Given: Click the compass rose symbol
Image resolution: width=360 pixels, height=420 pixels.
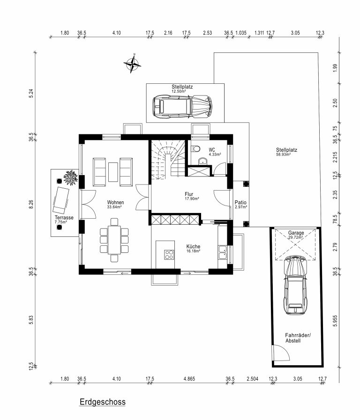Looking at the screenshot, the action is click(x=132, y=64).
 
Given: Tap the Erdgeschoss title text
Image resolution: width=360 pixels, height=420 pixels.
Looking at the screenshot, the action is click(x=103, y=402).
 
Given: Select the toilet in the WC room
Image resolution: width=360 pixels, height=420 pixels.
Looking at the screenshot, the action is click(x=195, y=148).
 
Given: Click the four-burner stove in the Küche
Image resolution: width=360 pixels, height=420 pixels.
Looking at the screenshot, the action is click(x=169, y=254).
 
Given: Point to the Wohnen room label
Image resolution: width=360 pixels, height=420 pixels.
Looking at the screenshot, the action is click(x=115, y=202).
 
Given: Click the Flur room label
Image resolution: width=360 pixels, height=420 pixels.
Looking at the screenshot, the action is click(x=189, y=194).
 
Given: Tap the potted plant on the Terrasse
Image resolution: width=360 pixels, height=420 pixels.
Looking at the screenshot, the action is click(x=70, y=178).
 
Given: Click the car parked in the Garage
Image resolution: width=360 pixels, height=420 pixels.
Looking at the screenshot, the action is click(x=295, y=285).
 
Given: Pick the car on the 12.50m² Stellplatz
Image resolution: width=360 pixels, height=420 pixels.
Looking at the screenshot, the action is click(x=182, y=107).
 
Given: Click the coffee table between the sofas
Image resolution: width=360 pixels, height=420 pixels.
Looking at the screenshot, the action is click(x=113, y=172).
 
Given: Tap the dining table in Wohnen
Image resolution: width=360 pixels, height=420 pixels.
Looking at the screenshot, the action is click(x=114, y=240).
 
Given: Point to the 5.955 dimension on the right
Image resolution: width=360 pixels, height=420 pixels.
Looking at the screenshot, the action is click(x=335, y=321).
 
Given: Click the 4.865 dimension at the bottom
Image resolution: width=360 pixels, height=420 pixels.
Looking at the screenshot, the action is click(x=189, y=379).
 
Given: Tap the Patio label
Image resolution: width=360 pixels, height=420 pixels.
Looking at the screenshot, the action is click(x=240, y=202).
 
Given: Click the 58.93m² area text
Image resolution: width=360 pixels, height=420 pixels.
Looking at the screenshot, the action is click(x=283, y=155).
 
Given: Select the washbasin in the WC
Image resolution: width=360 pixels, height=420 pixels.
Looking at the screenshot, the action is click(x=203, y=161).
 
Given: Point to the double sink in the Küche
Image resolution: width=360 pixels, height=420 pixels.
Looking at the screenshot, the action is click(x=223, y=252).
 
